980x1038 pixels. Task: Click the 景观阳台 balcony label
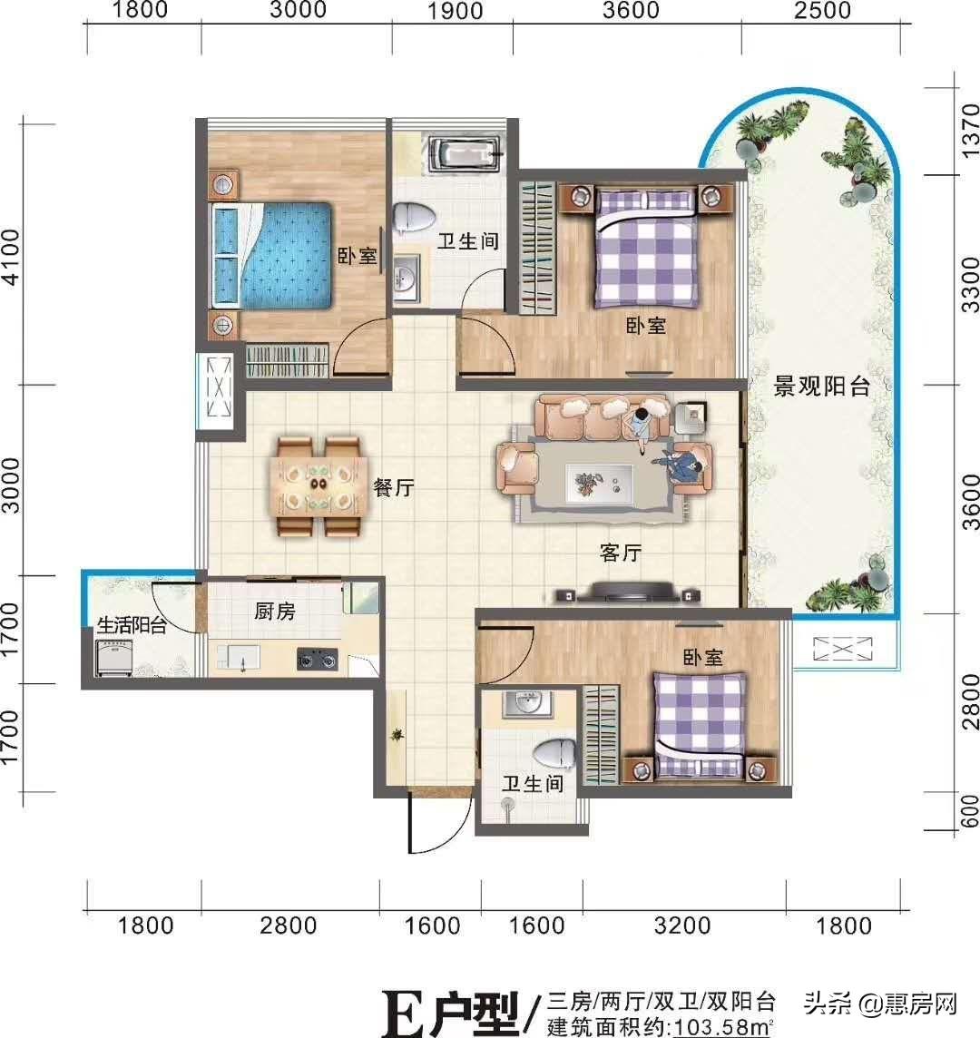click(821, 387)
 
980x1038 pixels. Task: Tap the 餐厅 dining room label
click(393, 487)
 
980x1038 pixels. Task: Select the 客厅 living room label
click(621, 553)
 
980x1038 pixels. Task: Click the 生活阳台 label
click(131, 625)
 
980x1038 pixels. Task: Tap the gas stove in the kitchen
click(317, 658)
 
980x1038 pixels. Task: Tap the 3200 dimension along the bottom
click(682, 925)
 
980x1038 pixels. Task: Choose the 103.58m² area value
click(720, 1027)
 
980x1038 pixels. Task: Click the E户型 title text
click(450, 1013)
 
